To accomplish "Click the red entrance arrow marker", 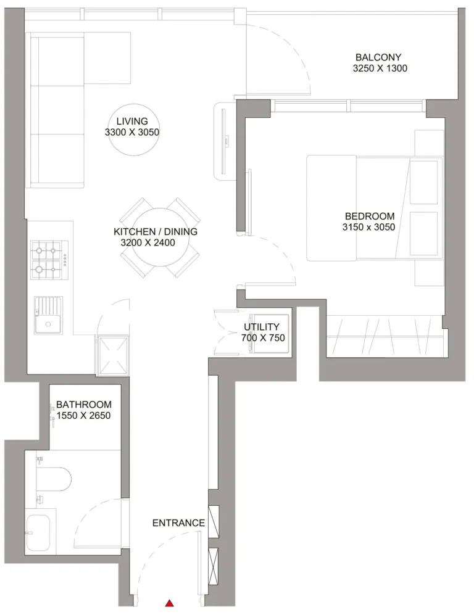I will point(169,603).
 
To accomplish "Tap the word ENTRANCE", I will point(178,523).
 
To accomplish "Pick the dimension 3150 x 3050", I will point(369,227).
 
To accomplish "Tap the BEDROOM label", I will point(369,216).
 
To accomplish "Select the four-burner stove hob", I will point(49,259).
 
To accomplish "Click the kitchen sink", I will point(48,316).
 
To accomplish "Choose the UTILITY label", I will point(261,327).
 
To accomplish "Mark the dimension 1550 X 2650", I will point(83,416).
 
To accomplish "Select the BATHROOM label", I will point(83,405).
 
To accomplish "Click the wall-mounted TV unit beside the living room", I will point(223,141).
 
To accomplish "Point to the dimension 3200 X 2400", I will point(148,243).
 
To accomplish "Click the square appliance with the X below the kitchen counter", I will point(112,355).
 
